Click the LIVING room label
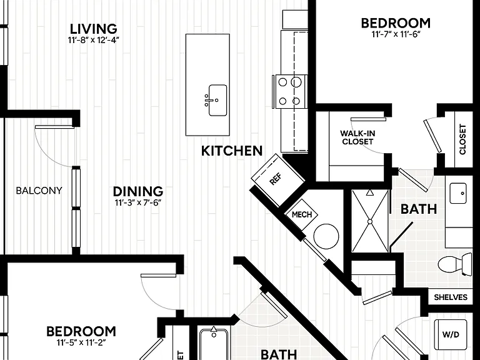(x=93, y=29)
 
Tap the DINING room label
(x=138, y=191)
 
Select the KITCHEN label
(x=232, y=151)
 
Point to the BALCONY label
(x=39, y=191)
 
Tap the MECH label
(x=302, y=214)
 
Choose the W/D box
(x=451, y=334)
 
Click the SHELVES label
(x=451, y=297)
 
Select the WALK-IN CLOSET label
(x=357, y=137)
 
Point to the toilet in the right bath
(x=455, y=264)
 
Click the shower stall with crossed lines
(x=370, y=221)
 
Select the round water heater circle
(x=326, y=236)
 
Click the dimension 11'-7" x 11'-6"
(x=395, y=34)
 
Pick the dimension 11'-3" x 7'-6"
(x=138, y=202)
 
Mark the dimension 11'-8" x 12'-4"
(x=93, y=40)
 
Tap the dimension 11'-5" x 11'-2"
(x=81, y=342)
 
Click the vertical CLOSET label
(x=462, y=139)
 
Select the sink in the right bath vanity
(x=458, y=193)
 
